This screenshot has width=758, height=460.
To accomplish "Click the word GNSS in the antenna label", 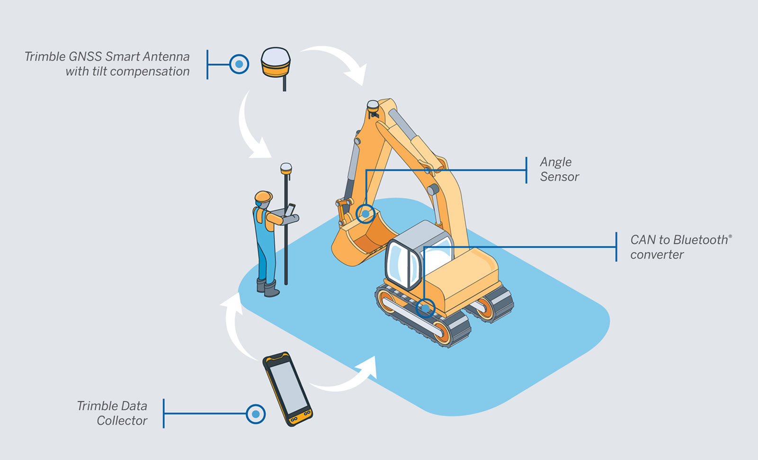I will [85, 57].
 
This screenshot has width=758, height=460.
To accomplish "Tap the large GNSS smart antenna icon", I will [276, 63].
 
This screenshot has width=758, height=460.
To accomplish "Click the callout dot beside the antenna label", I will [239, 64].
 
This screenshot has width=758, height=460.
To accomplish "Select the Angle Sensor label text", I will [559, 169].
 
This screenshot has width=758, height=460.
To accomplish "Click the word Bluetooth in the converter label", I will [701, 240].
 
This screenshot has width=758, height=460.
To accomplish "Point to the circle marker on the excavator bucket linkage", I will [365, 214].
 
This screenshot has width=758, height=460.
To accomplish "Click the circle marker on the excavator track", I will [425, 308].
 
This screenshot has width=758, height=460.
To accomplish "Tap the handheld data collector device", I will [287, 389].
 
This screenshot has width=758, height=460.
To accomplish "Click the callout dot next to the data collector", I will [256, 414].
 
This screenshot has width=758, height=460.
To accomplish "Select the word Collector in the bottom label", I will [122, 421].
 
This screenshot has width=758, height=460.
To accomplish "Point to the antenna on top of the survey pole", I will [286, 168].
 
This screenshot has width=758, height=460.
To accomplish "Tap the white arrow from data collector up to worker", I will [237, 327].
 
